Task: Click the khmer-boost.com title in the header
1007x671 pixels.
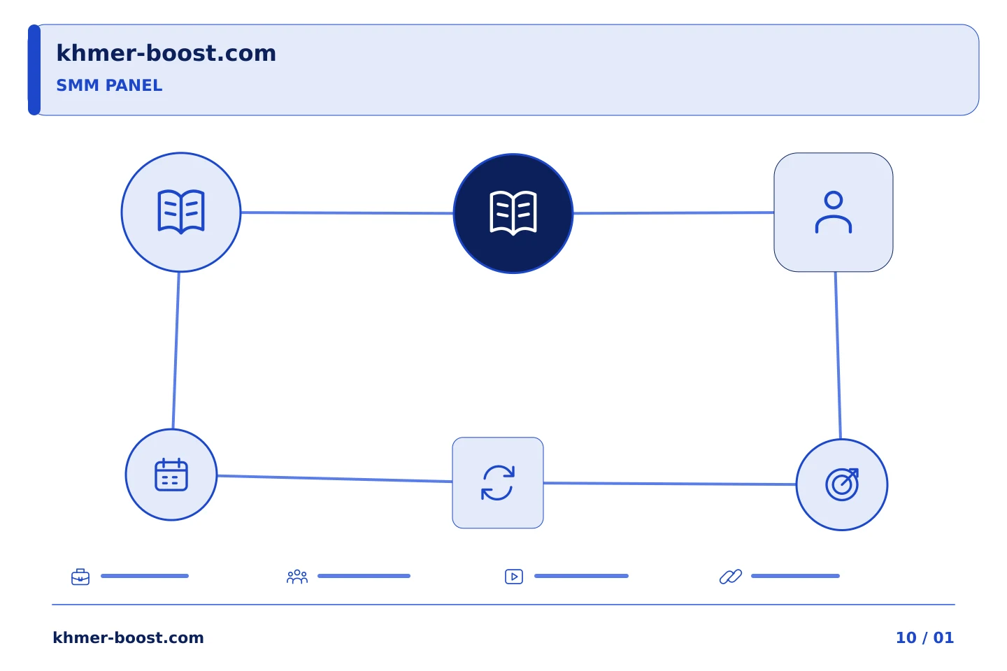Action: point(166,53)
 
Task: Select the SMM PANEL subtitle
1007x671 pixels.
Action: point(109,85)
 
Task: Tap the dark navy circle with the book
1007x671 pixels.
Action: point(513,213)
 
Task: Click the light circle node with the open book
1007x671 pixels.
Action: point(181,212)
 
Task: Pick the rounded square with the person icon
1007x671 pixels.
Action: point(834,212)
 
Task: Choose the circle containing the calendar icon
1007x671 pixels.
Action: point(171,475)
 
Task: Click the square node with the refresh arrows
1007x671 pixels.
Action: point(498,483)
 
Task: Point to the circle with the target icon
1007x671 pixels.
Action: point(842,484)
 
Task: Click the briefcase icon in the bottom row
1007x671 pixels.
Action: point(80,577)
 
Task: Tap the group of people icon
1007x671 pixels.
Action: point(297,577)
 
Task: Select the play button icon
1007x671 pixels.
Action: point(514,577)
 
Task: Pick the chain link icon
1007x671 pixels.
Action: point(731,577)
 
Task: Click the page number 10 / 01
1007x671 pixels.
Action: point(924,637)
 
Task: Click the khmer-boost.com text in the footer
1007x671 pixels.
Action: point(128,637)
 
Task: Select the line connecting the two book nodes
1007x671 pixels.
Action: point(347,212)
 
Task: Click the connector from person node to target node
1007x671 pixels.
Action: point(838,356)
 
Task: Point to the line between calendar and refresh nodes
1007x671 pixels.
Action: point(335,478)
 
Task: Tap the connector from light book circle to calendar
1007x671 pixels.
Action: point(176,351)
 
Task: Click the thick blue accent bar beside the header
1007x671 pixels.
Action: point(34,70)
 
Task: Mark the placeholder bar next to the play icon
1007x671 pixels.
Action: point(581,576)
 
